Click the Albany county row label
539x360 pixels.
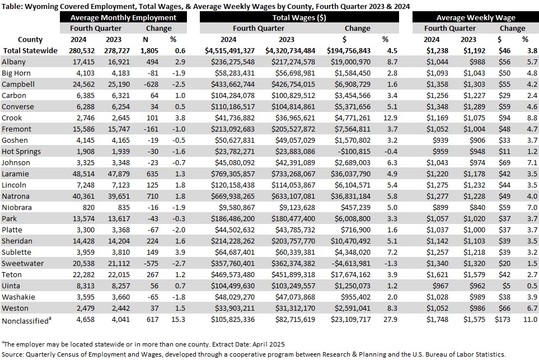pos(14,62)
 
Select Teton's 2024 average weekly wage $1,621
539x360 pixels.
pos(437,275)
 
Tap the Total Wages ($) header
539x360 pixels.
pos(299,17)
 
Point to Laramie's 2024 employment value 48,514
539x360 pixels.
pos(83,174)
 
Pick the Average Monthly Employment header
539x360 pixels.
pos(123,17)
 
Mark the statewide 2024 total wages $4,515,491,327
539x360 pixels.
pos(229,51)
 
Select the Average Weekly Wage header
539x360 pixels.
pos(476,17)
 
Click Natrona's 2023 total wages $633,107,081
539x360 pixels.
pos(293,197)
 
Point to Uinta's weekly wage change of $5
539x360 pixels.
pos(506,286)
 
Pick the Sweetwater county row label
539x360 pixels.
pos(23,264)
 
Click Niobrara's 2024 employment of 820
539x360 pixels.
pos(88,208)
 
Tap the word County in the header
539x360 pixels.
pos(30,40)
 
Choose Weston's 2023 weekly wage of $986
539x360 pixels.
pos(477,308)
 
